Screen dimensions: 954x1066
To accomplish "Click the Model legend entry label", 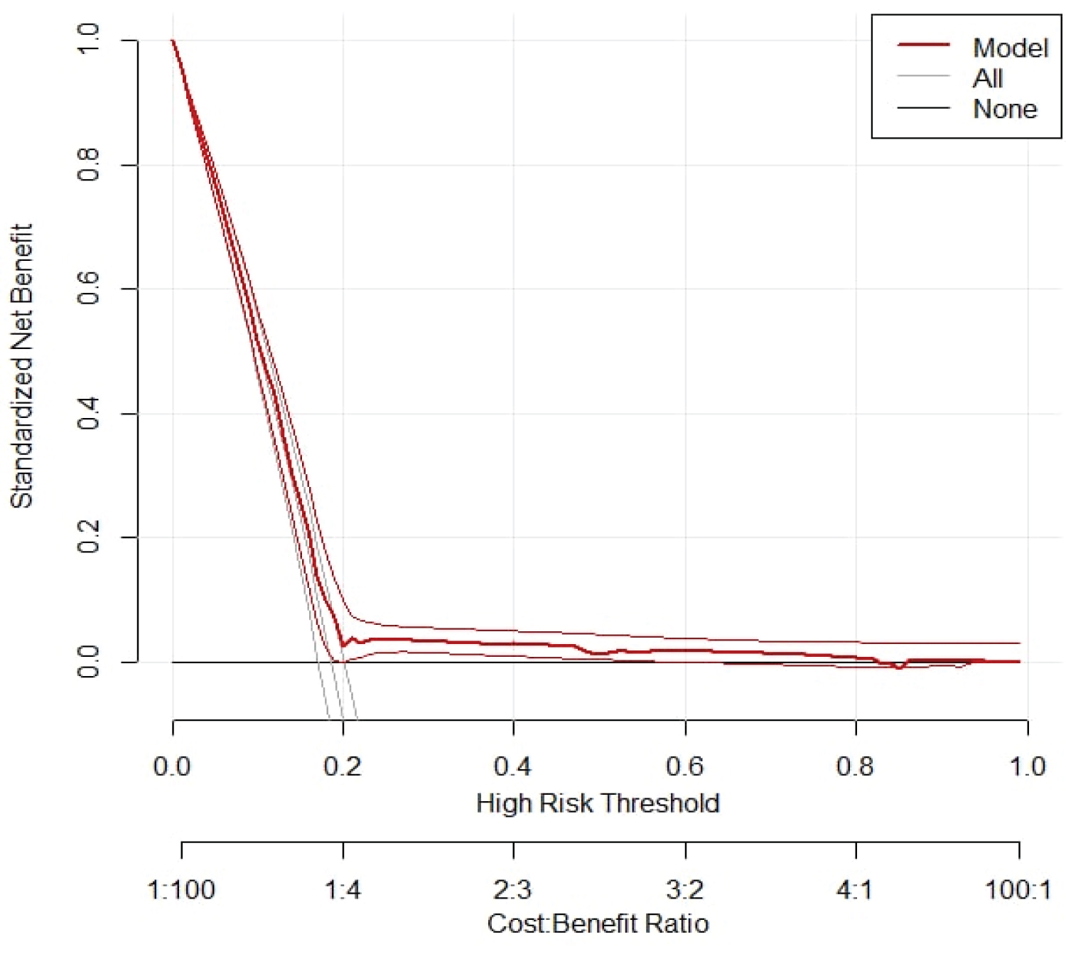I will point(1010,48).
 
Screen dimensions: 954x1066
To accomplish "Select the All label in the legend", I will point(988,78).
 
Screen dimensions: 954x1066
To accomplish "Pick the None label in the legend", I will point(1004,109).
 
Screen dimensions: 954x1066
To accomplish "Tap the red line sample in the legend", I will point(923,45).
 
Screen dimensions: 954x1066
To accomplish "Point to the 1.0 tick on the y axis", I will point(88,39).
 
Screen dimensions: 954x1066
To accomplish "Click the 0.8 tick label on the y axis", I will point(88,165).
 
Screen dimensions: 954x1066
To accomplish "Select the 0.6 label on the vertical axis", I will point(88,289).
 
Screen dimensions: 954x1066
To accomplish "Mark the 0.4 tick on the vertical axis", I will point(88,413).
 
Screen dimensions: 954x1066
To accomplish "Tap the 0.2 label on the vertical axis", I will point(88,537).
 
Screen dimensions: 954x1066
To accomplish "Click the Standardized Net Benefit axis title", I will point(21,366).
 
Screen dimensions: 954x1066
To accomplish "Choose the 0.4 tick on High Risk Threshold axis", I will point(512,766).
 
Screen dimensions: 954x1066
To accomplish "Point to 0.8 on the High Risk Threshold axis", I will point(855,766).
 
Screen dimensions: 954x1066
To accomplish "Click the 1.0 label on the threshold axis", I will point(1028,766).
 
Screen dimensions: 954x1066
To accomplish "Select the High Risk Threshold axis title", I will point(598,803).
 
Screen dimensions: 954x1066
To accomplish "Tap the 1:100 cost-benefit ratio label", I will point(181,889).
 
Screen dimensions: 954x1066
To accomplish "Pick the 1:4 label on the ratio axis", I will point(343,889).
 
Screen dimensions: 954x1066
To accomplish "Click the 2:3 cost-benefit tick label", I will point(512,889).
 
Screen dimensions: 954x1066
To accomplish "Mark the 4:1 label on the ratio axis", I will point(855,889).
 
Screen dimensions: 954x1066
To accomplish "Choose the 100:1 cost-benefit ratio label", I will point(1018,889).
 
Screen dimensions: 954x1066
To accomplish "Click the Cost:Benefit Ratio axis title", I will point(598,923).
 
